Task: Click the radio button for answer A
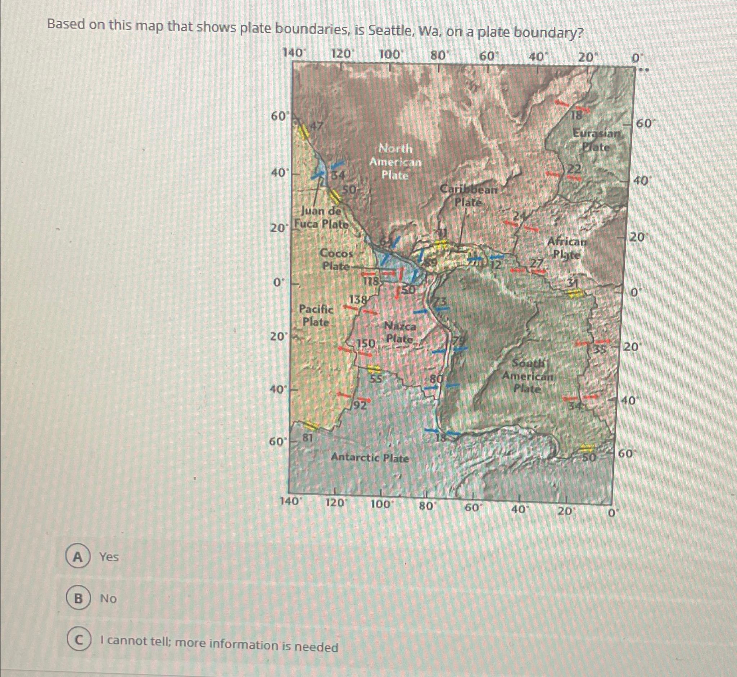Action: [77, 557]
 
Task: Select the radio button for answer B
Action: [77, 599]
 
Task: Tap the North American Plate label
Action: [395, 162]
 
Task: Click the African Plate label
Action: [567, 248]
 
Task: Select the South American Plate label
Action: [528, 376]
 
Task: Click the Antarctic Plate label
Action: [370, 457]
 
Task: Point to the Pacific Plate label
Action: [316, 315]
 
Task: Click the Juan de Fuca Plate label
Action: [321, 217]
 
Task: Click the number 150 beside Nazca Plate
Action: [366, 343]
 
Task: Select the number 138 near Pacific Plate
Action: [358, 300]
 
